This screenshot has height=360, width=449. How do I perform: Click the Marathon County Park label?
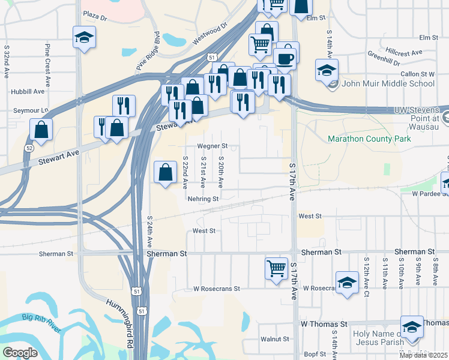[369, 139]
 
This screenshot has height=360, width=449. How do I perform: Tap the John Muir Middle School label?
[388, 83]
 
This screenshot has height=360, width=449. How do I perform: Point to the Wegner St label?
[213, 146]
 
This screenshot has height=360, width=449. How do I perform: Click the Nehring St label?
[202, 199]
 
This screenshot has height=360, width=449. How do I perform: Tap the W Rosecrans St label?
[216, 289]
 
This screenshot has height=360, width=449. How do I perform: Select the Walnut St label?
[276, 339]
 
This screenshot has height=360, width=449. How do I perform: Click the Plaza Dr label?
[95, 16]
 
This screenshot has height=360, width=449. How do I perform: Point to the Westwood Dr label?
[211, 35]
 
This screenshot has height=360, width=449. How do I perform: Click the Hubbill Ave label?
[28, 92]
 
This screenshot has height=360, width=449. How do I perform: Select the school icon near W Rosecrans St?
[348, 282]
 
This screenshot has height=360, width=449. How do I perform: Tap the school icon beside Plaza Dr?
[85, 37]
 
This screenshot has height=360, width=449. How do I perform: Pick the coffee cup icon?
[286, 58]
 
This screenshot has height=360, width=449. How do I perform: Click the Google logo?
[20, 353]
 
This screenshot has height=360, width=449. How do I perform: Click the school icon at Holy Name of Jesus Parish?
[412, 327]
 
